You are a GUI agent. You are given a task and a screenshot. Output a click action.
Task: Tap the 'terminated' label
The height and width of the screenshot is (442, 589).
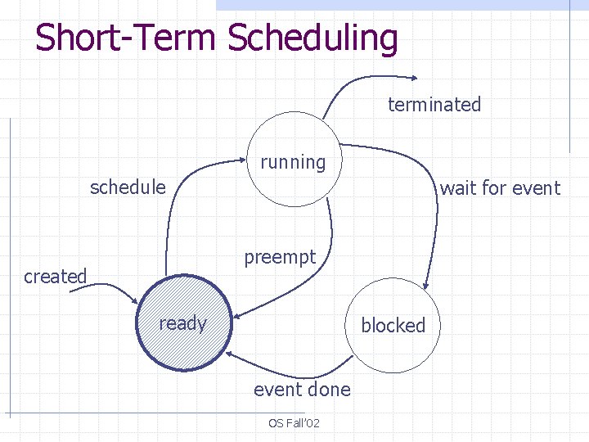point(434,105)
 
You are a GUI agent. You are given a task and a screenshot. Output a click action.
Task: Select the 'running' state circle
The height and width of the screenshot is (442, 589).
point(292,160)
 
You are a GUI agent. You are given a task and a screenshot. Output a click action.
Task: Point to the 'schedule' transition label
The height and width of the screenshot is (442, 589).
point(128,187)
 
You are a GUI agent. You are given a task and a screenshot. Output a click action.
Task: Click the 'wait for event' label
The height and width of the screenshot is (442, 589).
point(500,188)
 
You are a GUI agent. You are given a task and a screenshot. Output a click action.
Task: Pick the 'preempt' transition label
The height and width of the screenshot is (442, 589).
point(280,257)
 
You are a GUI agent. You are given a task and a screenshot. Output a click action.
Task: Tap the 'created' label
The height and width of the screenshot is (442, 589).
point(55,277)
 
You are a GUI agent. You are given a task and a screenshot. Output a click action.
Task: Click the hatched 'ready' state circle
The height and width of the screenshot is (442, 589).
point(184,324)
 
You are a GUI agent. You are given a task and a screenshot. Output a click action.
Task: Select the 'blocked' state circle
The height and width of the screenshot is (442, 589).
point(393,325)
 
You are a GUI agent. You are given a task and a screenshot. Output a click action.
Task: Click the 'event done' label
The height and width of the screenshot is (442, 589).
point(301,390)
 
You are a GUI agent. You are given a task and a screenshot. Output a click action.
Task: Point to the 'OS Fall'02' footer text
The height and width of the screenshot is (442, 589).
point(294,423)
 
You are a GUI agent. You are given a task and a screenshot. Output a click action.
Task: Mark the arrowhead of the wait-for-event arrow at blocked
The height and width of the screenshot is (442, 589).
point(425,282)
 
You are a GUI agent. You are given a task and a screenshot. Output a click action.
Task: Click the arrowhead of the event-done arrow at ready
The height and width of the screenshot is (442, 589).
point(230,353)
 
